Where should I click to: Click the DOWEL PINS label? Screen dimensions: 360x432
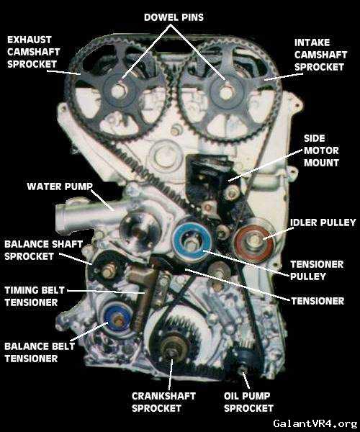(x=174, y=17)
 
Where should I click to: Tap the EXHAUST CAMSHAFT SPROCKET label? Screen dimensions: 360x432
(x=33, y=52)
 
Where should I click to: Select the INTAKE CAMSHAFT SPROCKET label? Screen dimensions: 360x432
(x=320, y=55)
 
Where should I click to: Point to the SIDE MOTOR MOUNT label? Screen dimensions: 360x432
(x=321, y=150)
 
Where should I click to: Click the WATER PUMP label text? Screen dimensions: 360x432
(x=60, y=186)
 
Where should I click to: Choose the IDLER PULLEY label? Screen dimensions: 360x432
(x=323, y=222)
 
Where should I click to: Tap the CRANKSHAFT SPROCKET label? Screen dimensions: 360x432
(x=163, y=402)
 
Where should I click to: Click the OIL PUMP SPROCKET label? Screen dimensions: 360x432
(x=248, y=402)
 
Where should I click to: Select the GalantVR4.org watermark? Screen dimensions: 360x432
(x=315, y=423)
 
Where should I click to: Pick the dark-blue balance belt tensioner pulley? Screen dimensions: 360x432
(x=118, y=320)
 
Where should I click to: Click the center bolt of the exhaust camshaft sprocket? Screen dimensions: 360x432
(x=118, y=90)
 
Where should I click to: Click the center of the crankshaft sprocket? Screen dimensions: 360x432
(x=171, y=351)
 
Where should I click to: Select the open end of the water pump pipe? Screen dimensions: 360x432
(x=60, y=217)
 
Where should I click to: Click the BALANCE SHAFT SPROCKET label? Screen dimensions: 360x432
(x=43, y=250)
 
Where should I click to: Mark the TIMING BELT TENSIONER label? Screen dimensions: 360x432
(x=35, y=296)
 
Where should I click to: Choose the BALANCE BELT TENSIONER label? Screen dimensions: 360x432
(x=40, y=352)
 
